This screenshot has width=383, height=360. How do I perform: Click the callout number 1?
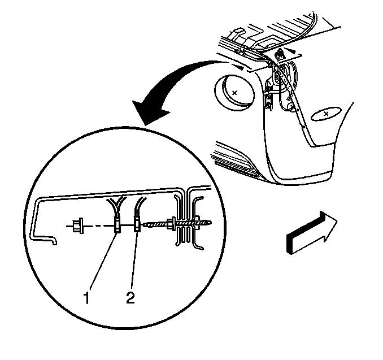click(86, 298)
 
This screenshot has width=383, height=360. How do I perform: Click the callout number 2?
click(130, 298)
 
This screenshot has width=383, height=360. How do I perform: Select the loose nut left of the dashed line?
click(78, 225)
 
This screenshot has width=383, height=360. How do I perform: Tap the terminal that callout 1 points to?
click(117, 225)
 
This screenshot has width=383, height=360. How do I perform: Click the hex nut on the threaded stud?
click(171, 223)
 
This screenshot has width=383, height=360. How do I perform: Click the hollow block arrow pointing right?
click(312, 233)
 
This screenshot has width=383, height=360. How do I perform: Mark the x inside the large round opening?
click(234, 93)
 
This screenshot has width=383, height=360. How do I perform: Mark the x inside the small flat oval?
click(326, 114)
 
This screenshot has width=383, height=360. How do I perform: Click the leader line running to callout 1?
click(103, 262)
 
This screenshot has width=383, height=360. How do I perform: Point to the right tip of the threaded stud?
click(211, 223)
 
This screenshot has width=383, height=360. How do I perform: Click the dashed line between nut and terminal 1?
click(99, 226)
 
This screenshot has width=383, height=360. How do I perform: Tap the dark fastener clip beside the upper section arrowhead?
click(280, 54)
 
